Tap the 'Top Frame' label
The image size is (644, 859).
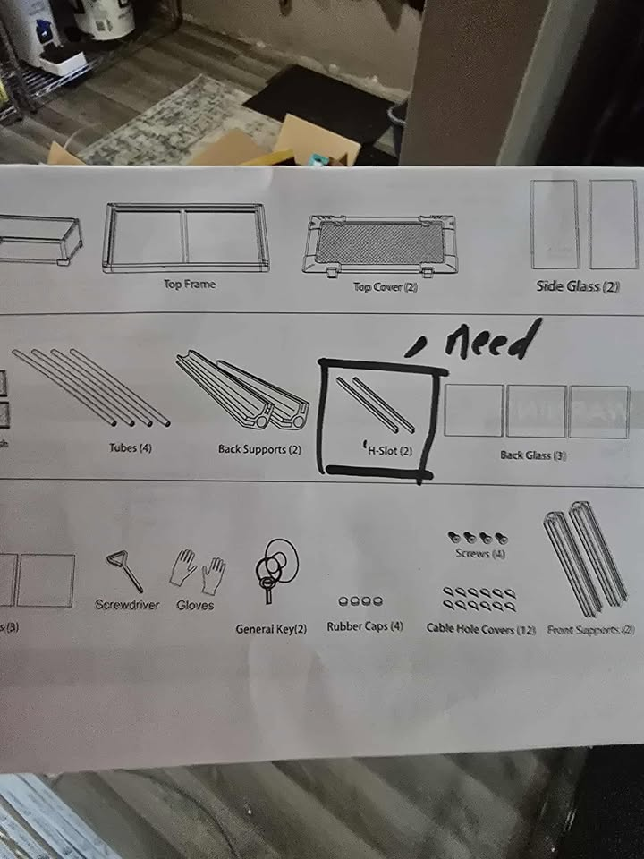click(x=189, y=285)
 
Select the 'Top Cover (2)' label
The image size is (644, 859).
click(x=386, y=287)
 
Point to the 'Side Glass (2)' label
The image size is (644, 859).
click(x=578, y=286)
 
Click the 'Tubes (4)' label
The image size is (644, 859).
click(x=130, y=447)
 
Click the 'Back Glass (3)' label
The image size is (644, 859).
click(x=534, y=455)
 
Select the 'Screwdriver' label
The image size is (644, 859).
click(x=127, y=605)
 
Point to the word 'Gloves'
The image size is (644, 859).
click(x=195, y=605)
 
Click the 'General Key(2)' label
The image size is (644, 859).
click(x=271, y=629)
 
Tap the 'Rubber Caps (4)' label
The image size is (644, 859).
click(x=365, y=626)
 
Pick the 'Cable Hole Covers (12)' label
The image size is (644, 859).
click(x=480, y=630)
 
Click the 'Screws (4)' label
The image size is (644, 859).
click(x=474, y=554)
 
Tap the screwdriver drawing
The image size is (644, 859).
click(x=123, y=571)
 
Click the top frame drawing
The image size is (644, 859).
click(x=186, y=236)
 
